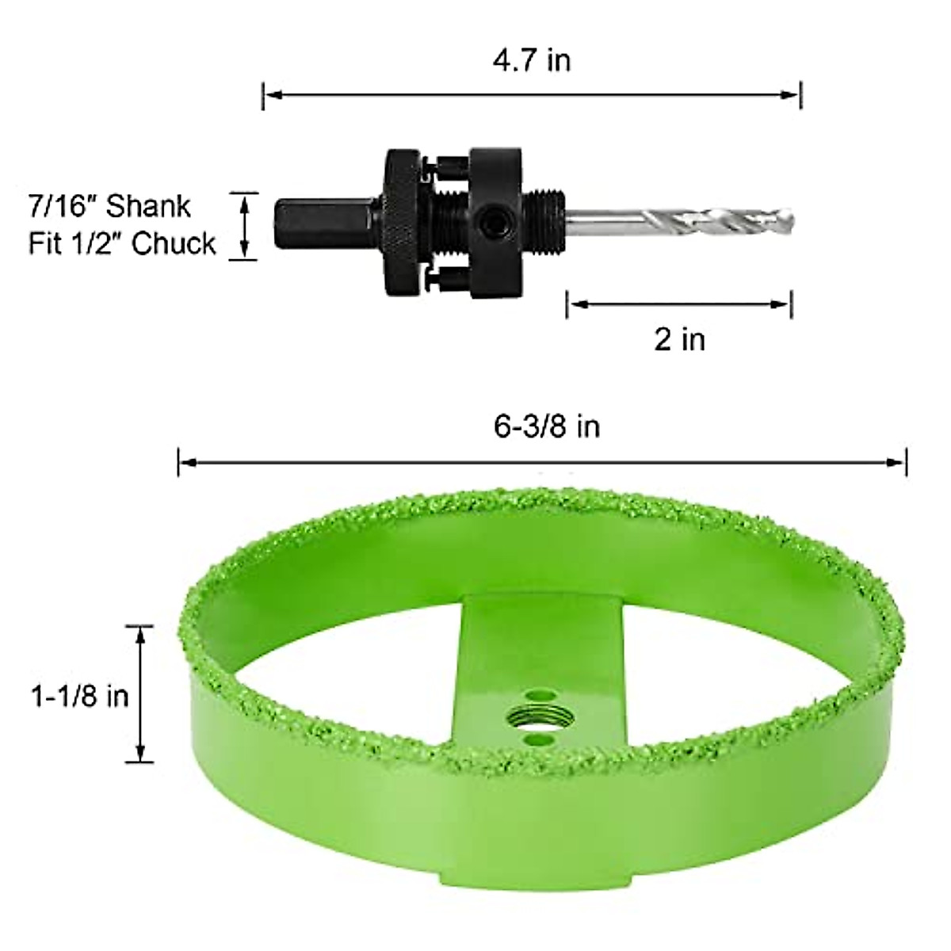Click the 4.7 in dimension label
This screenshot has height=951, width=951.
532,61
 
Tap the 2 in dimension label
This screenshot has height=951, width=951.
679,339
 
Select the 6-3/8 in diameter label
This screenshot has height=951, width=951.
547,427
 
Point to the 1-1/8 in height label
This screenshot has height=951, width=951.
79,696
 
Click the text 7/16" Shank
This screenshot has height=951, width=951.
109,206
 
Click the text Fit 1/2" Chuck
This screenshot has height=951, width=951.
122,243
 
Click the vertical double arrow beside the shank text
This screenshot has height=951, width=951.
245,226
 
